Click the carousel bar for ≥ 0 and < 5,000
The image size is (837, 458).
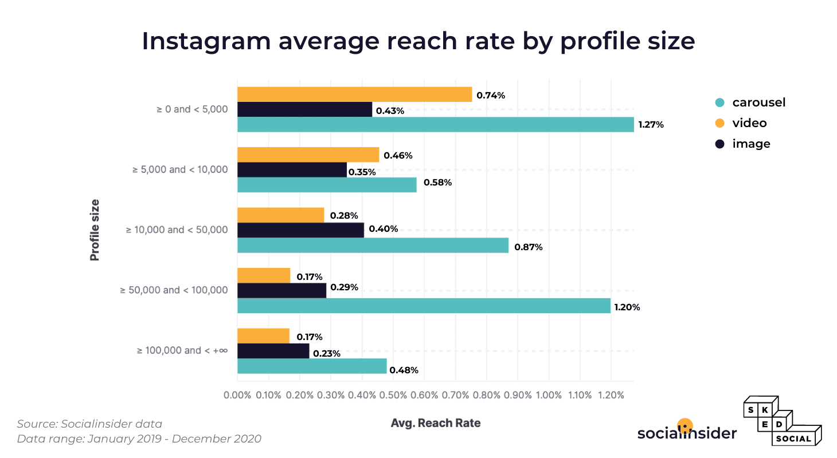coord(436,124)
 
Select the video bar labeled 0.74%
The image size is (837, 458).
coord(354,94)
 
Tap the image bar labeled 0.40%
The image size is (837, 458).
coord(300,230)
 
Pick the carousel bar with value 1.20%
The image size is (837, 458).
coord(424,306)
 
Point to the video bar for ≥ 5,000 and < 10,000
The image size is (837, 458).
coord(308,155)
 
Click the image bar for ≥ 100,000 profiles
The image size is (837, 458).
coord(273,351)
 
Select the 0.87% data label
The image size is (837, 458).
coord(528,247)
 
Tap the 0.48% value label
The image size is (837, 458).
coord(404,370)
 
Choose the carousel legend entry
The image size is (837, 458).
coord(750,102)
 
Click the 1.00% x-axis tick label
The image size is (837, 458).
coord(549,395)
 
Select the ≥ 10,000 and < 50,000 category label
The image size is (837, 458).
coord(177,230)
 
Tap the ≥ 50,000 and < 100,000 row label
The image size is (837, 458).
coord(174,290)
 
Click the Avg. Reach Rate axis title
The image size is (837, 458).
coord(436,423)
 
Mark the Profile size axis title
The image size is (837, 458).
coord(95,230)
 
